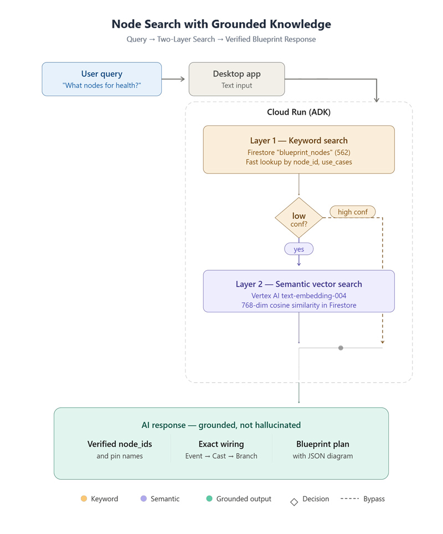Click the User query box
point(101,79)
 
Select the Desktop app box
point(236,79)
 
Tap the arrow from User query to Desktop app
point(173,79)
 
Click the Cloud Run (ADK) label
point(298,112)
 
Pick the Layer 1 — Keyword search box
point(298,150)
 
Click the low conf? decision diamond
point(298,218)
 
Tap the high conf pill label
point(352,212)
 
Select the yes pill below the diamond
point(298,249)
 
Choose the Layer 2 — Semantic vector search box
point(298,291)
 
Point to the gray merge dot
point(341,348)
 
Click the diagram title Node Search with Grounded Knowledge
point(221,24)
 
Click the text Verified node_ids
point(120,444)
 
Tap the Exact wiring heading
point(221,444)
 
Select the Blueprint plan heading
point(323,444)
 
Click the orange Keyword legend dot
point(84,499)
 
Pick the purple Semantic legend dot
point(143,499)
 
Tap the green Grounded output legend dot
point(209,499)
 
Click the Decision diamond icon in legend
point(294,502)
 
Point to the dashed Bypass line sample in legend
point(350,499)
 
